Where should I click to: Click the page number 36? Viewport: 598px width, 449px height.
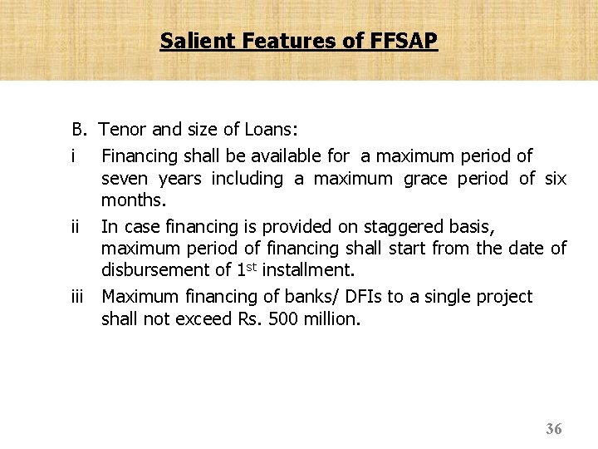(554, 429)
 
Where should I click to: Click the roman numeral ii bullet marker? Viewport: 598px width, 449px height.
(76, 226)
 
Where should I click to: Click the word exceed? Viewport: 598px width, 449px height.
(203, 319)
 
